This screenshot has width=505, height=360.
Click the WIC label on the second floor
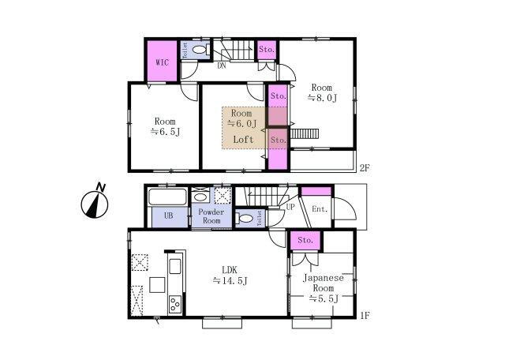point(163,62)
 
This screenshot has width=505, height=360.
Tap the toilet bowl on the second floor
point(200,50)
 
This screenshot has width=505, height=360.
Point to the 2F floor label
point(365,168)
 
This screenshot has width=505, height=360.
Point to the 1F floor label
point(365,315)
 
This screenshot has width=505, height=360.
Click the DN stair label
point(221,66)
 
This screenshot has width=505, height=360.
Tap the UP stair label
point(290,207)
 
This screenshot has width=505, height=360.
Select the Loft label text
point(243,140)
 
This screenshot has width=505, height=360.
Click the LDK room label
point(230,269)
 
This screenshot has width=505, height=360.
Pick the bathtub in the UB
point(167,197)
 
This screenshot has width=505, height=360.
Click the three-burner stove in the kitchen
point(175,304)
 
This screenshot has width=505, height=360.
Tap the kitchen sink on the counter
point(175,266)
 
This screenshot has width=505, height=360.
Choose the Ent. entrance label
point(320,209)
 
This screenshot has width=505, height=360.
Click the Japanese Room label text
point(324,283)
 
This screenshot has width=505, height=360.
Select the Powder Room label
point(211,216)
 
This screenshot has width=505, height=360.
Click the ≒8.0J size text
point(322,98)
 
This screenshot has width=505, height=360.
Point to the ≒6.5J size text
point(165,132)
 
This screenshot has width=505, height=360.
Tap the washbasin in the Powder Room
point(200,197)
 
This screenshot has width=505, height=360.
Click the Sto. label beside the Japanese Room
point(305,240)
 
